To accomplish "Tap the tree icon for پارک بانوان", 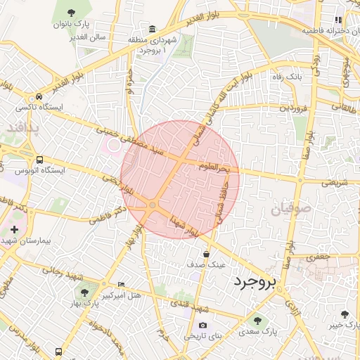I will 72,12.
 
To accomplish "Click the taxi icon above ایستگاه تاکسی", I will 39,97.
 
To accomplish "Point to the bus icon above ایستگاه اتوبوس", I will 39,160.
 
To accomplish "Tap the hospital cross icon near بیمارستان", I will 14,230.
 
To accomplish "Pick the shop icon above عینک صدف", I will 206,255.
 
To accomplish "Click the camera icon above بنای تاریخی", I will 203,326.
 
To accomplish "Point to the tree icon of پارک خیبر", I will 345,314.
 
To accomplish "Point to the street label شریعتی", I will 335,182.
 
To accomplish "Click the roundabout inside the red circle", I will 152,205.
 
